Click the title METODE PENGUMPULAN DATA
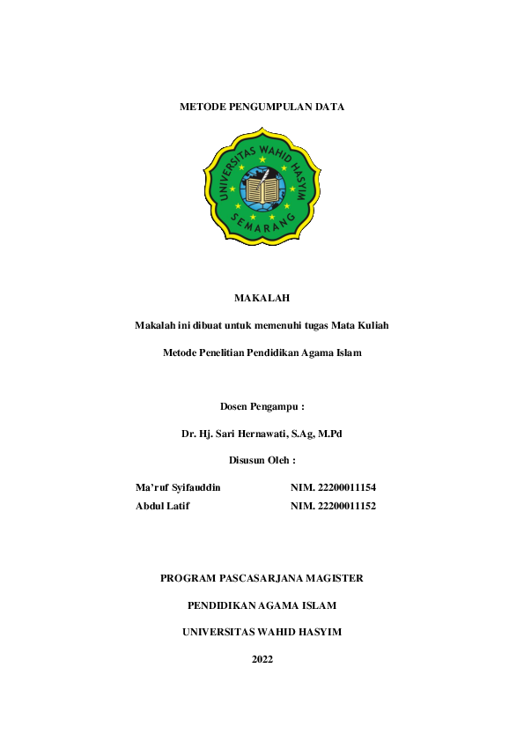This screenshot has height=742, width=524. (262, 107)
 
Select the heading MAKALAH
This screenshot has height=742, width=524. (262, 298)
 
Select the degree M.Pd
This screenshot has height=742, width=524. (329, 434)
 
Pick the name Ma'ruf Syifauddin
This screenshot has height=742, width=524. (179, 486)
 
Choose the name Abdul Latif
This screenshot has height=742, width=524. (163, 506)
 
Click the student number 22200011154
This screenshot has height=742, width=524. (345, 486)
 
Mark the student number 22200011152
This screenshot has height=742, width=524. (345, 506)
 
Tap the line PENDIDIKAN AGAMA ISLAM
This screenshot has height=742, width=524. (262, 605)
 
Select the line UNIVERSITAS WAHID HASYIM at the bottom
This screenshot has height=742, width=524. (262, 632)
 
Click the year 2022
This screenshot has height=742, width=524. (262, 659)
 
